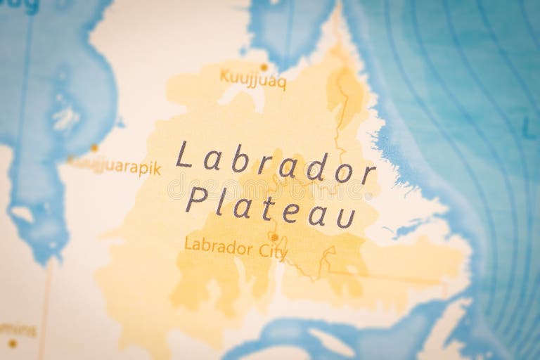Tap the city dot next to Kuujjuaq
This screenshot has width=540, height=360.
(x=264, y=67)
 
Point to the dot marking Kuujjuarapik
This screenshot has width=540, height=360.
(x=94, y=148)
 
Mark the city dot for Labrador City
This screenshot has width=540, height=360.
(x=274, y=237)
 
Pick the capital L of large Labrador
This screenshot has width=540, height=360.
(x=184, y=154)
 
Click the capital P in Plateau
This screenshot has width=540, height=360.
(x=196, y=199)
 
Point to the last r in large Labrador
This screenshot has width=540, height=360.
(x=368, y=174)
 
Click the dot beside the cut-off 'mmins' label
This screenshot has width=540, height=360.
(x=12, y=343)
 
